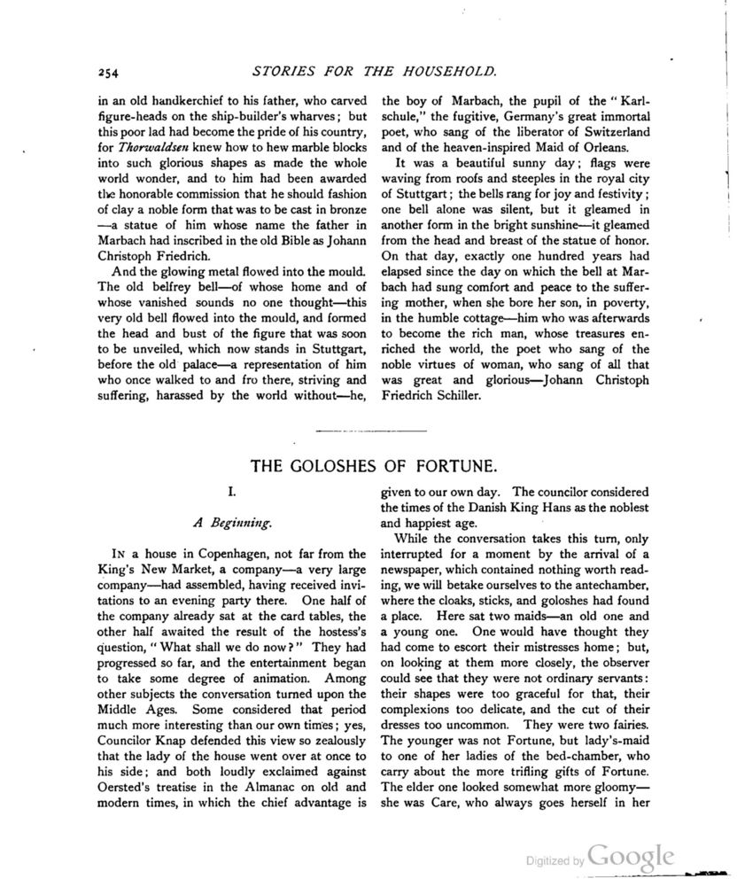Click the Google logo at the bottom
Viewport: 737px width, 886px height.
[632, 857]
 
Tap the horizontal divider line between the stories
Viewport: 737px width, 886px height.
[368, 432]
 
